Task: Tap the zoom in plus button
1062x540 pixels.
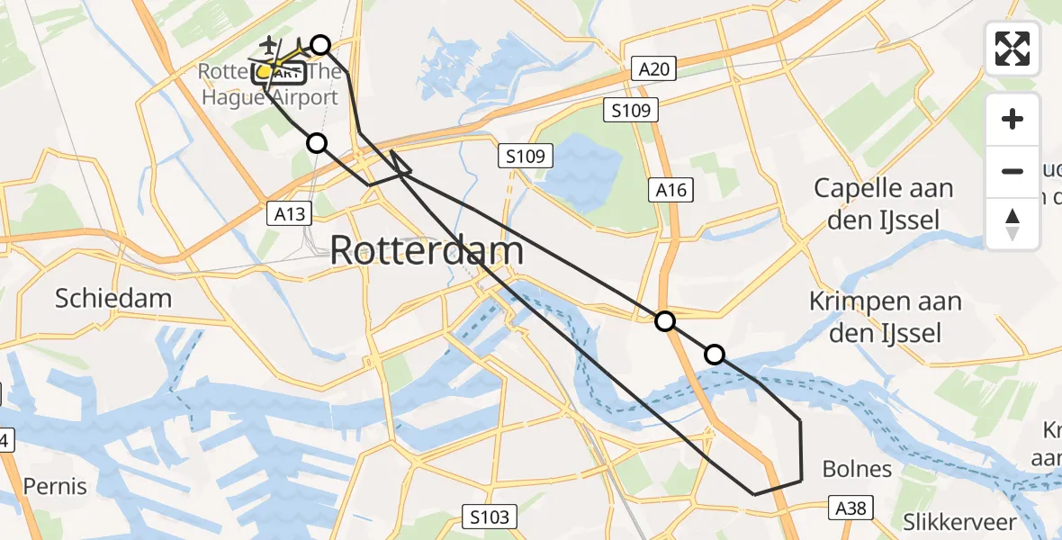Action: click(1013, 119)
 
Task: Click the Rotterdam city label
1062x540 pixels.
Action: click(427, 249)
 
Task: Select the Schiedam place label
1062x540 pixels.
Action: click(113, 299)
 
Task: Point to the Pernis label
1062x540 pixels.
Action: click(56, 487)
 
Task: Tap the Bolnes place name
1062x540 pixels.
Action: click(857, 469)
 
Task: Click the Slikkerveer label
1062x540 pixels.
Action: click(959, 522)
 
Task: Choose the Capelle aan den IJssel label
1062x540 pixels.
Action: click(883, 204)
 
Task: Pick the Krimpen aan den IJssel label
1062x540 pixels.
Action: click(885, 317)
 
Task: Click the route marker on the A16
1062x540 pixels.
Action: click(664, 321)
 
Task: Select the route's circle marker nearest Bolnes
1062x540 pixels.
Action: click(715, 355)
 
